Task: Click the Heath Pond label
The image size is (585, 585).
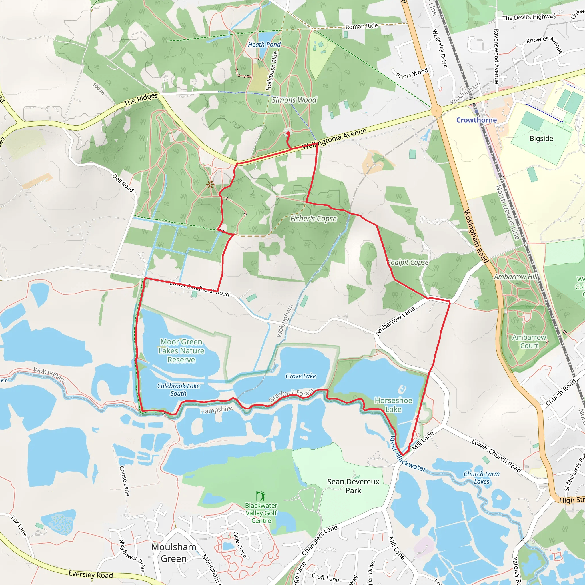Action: [x=264, y=45]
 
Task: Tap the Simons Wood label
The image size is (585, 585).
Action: [x=294, y=100]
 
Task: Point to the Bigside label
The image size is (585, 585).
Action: [x=541, y=138]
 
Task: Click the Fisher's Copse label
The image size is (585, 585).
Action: [x=313, y=218]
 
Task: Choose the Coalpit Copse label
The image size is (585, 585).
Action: [x=408, y=262]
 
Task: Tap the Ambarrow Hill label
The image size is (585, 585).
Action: [x=516, y=277]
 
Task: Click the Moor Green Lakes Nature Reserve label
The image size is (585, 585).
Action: [x=181, y=351]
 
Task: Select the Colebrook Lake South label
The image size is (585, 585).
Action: [x=178, y=390]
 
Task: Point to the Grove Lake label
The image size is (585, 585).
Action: [x=301, y=376]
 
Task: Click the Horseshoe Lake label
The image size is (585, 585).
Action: [x=393, y=405]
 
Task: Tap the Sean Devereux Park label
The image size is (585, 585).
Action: [x=353, y=486]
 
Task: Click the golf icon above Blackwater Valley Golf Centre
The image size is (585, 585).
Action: [x=261, y=496]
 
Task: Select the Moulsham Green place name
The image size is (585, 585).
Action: [x=173, y=553]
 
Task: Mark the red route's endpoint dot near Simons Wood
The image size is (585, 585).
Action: [x=288, y=133]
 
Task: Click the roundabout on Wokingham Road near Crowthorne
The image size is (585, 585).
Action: [x=436, y=111]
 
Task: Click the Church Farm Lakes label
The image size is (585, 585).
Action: [x=481, y=478]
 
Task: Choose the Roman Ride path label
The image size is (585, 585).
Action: [x=362, y=26]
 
